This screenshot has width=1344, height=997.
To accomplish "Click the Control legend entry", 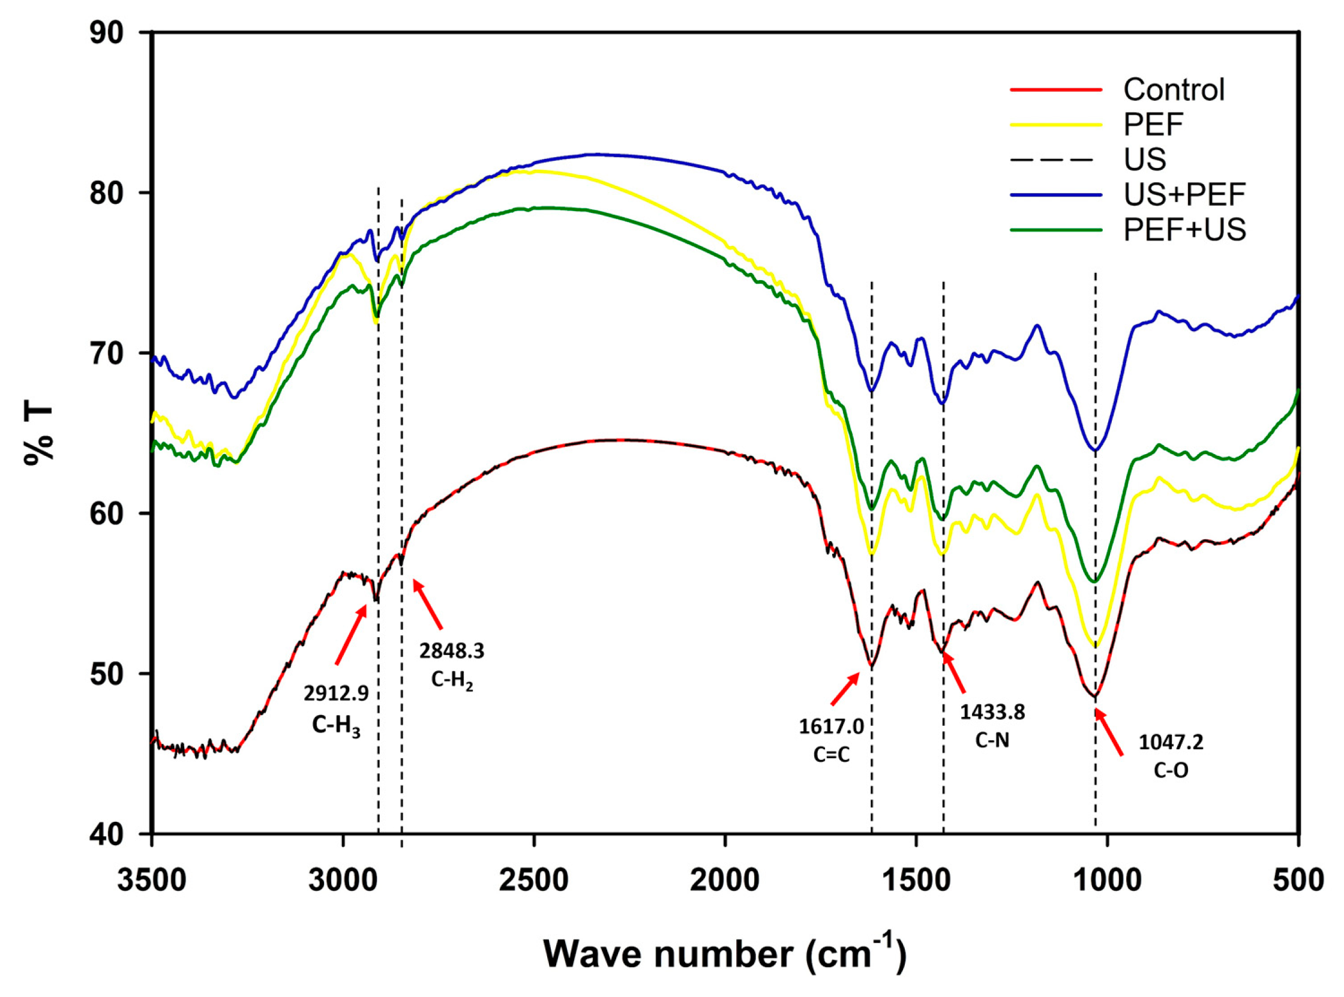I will click(x=1173, y=90).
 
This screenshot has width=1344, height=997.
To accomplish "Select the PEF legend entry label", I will click(x=1153, y=125).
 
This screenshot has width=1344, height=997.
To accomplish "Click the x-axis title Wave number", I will click(x=724, y=954).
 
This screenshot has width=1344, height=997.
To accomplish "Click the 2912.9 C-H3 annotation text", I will click(x=335, y=710).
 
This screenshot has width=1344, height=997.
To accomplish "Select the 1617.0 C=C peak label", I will click(x=831, y=740).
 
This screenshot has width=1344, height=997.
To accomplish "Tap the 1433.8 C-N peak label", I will click(x=992, y=726).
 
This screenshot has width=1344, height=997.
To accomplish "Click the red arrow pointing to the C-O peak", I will click(x=1109, y=732).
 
